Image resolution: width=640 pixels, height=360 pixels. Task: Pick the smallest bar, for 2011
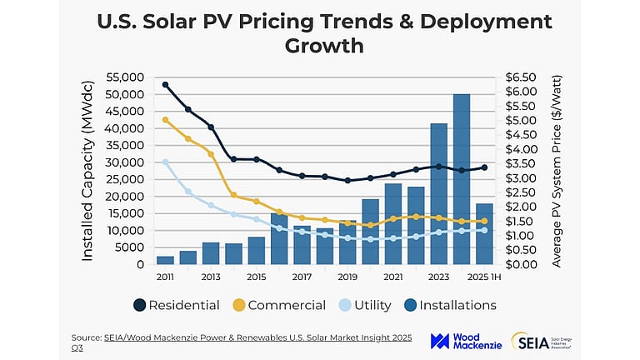click(165, 260)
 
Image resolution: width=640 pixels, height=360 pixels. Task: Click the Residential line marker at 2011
click(165, 85)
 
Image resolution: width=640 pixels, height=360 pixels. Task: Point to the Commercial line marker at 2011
click(165, 120)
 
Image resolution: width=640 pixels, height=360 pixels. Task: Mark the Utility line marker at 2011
click(165, 162)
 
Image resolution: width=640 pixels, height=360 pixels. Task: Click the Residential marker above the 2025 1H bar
click(483, 167)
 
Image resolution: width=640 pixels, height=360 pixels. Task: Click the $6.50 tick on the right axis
click(525, 77)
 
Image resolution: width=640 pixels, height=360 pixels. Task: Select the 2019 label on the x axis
click(347, 277)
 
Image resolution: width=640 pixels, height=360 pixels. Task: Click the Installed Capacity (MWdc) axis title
click(87, 171)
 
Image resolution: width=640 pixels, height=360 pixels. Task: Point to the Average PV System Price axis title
click(557, 171)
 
